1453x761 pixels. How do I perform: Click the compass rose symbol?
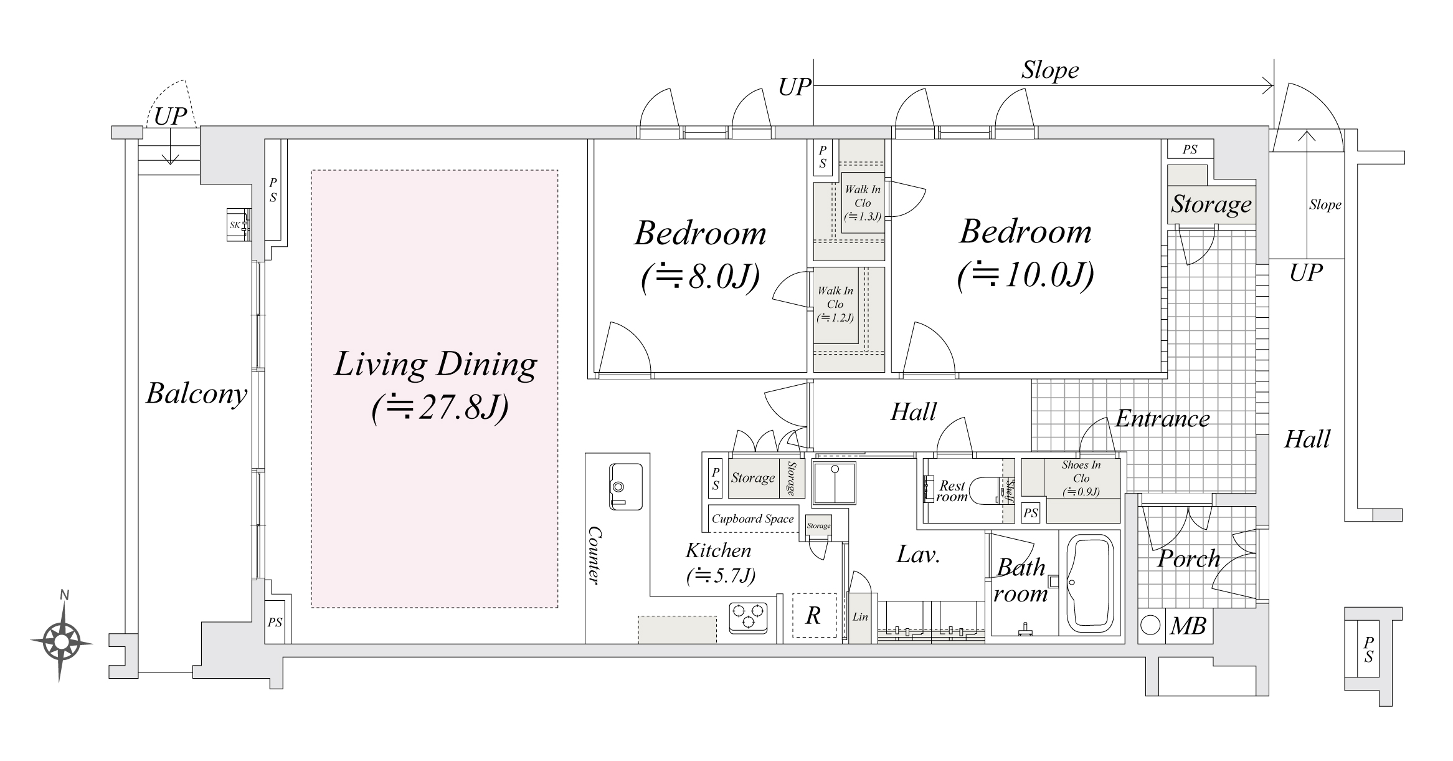coord(61,641)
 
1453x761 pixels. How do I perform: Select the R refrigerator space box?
coord(813,615)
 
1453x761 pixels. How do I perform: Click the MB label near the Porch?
coord(1188,626)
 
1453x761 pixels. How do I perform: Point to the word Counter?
coord(594,555)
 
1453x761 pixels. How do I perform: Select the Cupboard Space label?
coord(752,519)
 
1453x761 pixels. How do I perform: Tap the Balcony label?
coord(196,394)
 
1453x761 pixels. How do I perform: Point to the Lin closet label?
coord(860,617)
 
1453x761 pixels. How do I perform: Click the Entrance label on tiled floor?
coord(1162,419)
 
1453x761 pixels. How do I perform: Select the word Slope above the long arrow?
coord(1049,70)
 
